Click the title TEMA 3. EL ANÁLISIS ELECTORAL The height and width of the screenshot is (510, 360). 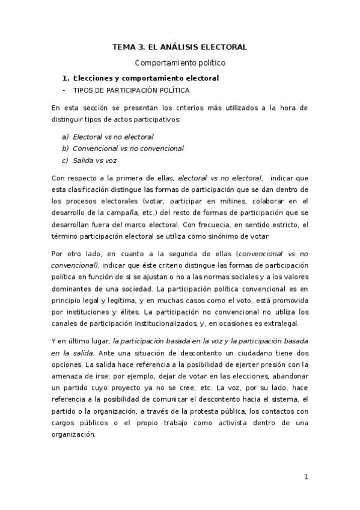point(180,46)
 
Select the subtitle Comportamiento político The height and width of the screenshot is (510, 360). point(180,62)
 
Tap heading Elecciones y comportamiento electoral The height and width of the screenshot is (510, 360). point(145,78)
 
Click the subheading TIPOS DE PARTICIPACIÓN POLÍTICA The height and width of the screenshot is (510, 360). point(131,91)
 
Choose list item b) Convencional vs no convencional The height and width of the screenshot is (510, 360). point(128,148)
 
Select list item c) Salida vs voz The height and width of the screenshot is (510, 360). point(94,160)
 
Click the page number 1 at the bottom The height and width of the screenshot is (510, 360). point(306,478)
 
